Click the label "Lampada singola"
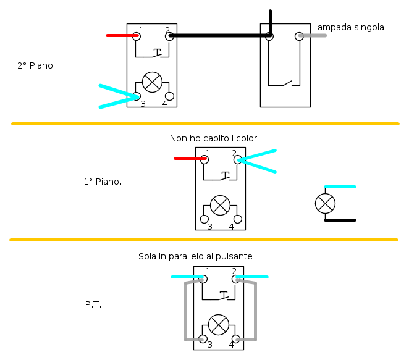point(348,28)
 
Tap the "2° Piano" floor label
point(35,65)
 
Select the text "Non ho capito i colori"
point(214,138)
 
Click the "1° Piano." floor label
point(103,182)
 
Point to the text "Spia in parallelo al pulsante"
point(195,256)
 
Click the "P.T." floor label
point(93,304)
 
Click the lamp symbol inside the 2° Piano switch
point(152,82)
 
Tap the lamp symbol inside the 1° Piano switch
point(220,205)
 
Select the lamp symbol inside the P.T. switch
point(218,324)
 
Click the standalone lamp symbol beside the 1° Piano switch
point(325,203)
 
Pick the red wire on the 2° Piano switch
point(120,36)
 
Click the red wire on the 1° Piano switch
point(188,159)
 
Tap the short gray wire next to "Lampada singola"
point(314,36)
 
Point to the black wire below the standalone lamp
point(340,220)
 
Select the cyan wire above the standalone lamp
point(340,186)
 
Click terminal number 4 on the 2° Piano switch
point(169,96)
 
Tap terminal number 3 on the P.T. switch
point(203,338)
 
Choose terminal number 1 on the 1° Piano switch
point(204,159)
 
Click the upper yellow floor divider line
point(204,124)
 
